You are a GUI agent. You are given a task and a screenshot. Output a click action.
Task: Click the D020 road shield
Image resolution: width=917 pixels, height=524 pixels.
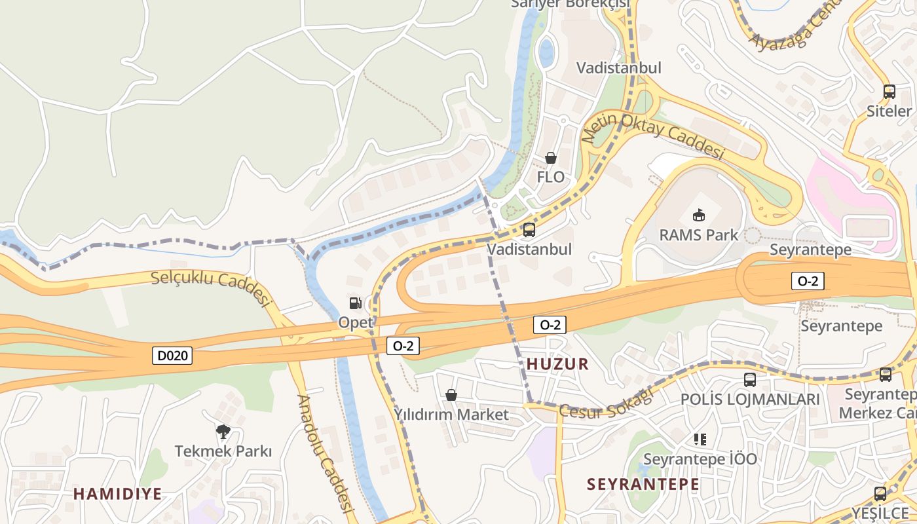174,356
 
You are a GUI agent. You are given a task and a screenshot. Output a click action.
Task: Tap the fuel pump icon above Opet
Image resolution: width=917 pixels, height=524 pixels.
355,303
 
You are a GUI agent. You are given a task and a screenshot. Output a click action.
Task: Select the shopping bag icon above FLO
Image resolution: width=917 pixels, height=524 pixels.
551,158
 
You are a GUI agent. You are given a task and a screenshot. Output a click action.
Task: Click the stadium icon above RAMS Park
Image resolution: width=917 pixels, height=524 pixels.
699,215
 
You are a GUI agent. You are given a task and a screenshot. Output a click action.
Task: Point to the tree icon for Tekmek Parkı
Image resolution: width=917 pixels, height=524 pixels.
223,431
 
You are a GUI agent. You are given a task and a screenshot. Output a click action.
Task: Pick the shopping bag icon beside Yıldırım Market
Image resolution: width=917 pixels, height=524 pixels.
451,395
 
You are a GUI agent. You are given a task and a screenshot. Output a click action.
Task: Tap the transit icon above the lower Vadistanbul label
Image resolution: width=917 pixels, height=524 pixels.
529,230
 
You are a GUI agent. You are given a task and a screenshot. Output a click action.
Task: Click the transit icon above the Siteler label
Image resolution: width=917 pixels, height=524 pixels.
889,92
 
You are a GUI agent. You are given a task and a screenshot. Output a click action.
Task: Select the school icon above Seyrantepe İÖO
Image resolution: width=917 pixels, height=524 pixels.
700,439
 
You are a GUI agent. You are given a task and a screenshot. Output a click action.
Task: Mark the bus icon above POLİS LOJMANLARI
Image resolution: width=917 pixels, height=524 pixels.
750,379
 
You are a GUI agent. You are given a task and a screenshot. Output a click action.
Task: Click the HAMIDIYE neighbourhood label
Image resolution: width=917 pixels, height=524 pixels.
117,494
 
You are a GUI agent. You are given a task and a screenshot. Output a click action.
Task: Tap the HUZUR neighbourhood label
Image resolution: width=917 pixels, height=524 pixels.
557,364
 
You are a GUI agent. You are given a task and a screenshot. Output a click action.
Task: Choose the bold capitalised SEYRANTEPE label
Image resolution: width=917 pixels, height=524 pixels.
643,485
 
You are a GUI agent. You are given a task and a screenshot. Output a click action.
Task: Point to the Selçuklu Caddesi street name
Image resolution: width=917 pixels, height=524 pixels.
211,287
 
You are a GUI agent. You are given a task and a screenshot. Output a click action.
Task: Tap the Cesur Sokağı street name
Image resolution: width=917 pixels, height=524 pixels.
607,402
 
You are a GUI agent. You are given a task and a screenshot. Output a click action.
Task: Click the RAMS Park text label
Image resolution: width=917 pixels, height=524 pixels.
699,234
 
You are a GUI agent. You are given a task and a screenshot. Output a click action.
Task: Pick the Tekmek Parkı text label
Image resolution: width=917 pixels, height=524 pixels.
223,451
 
